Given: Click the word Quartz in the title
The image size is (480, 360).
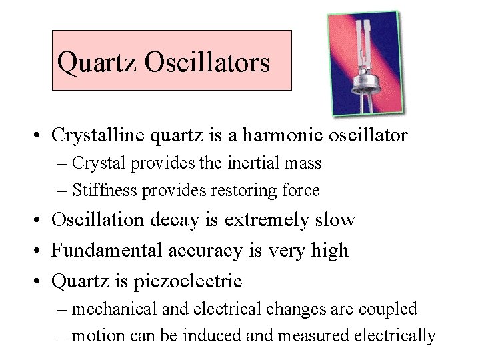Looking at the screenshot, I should [97, 63].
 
